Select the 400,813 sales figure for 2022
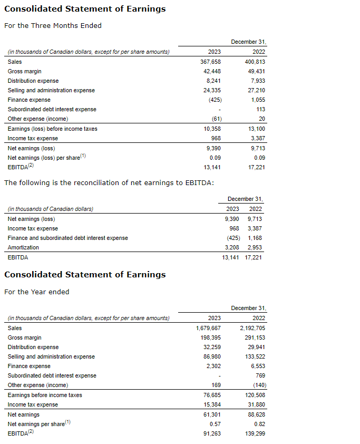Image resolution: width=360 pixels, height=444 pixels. (255, 62)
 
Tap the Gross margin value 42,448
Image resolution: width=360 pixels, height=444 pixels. (212, 71)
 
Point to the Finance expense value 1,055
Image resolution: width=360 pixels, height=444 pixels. (258, 100)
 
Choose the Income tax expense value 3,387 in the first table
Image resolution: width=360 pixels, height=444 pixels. (258, 138)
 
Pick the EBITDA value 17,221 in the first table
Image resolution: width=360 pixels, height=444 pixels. (257, 167)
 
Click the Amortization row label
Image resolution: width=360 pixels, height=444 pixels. (23, 247)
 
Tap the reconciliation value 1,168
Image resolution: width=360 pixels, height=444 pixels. (255, 238)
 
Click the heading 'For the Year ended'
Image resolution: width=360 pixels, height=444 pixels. (37, 292)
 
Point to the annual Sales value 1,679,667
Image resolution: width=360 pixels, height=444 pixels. (208, 328)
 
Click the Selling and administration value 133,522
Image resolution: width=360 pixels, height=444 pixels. (255, 356)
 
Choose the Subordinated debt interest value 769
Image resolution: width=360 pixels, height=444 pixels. (260, 375)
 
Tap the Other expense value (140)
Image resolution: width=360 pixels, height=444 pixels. (258, 385)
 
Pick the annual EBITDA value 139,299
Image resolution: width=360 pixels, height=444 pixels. (255, 433)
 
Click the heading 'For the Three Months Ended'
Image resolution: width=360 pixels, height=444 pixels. (53, 26)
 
